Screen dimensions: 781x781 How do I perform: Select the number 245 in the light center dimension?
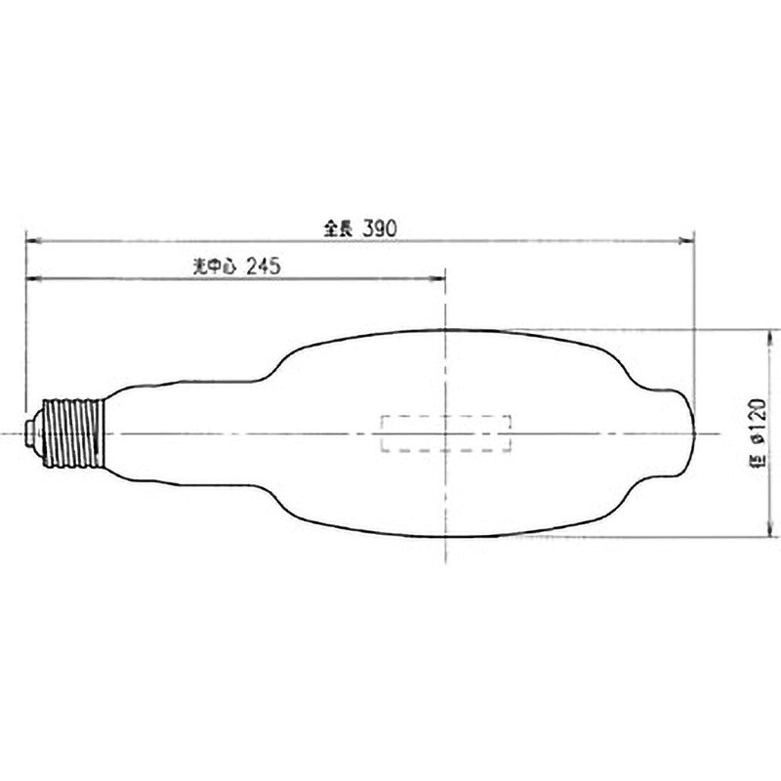click(266, 267)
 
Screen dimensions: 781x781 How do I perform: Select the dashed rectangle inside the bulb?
click(445, 433)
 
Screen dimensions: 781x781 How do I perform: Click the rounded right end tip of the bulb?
click(690, 433)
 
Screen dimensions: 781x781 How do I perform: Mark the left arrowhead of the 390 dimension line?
click(30, 237)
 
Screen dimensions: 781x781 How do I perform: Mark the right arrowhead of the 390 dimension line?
click(688, 237)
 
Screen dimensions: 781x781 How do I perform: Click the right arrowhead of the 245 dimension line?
click(440, 279)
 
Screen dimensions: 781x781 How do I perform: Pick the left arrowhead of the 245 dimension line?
click(30, 279)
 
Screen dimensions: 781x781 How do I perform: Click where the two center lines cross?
click(445, 433)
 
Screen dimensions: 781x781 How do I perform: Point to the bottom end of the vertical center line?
click(445, 561)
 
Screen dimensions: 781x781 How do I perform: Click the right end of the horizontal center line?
click(720, 433)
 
